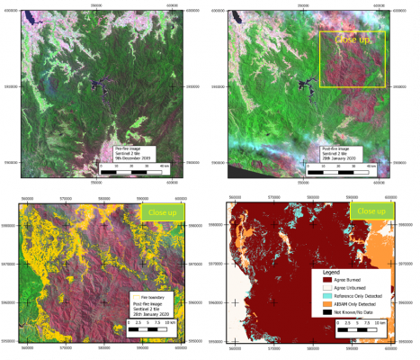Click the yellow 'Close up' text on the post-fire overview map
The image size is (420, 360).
point(352,40)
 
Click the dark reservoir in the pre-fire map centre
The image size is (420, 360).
point(96,86)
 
